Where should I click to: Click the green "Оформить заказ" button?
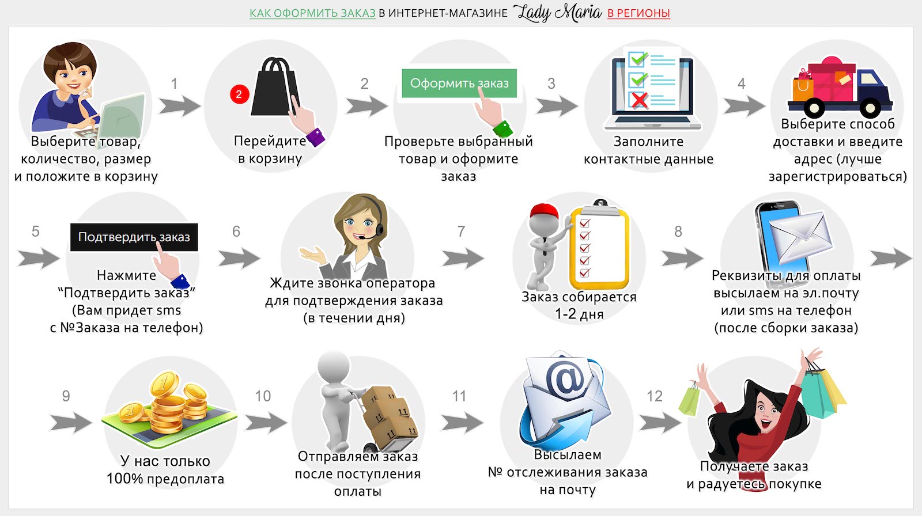(x=459, y=83)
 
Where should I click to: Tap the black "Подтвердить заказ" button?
(x=134, y=237)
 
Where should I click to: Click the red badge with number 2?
(x=240, y=94)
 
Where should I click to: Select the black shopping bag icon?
(x=274, y=87)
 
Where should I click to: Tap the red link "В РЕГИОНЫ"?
(x=638, y=13)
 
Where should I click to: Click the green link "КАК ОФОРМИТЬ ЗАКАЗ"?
(x=312, y=13)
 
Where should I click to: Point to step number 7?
(x=462, y=232)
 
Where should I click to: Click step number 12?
(x=655, y=396)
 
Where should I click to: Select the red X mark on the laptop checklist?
(x=639, y=100)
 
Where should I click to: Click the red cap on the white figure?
(x=545, y=211)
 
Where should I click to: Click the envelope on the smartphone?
(x=800, y=237)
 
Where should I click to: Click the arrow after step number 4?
(x=744, y=106)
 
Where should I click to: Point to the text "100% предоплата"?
(x=165, y=479)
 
